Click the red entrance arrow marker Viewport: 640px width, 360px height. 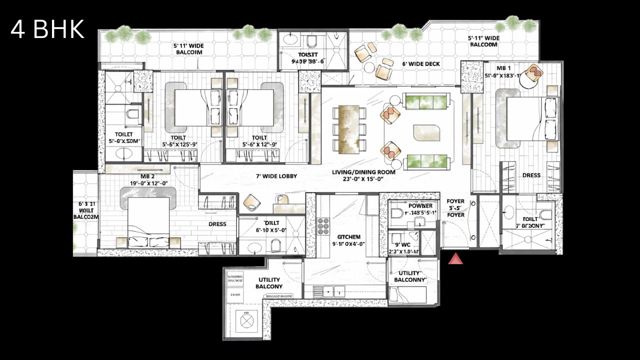click(455, 259)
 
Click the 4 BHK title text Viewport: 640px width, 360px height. click(47, 30)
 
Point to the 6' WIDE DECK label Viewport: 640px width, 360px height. click(420, 64)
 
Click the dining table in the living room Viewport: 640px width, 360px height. click(348, 129)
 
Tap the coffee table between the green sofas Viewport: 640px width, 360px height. click(426, 133)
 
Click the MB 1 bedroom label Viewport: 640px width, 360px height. click(503, 67)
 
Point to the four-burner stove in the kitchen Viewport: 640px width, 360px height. click(323, 226)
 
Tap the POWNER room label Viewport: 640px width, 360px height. click(420, 206)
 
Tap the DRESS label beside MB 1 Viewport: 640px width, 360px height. click(531, 175)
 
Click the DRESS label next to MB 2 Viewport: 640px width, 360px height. click(217, 224)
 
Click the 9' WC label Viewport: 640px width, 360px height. click(403, 244)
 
